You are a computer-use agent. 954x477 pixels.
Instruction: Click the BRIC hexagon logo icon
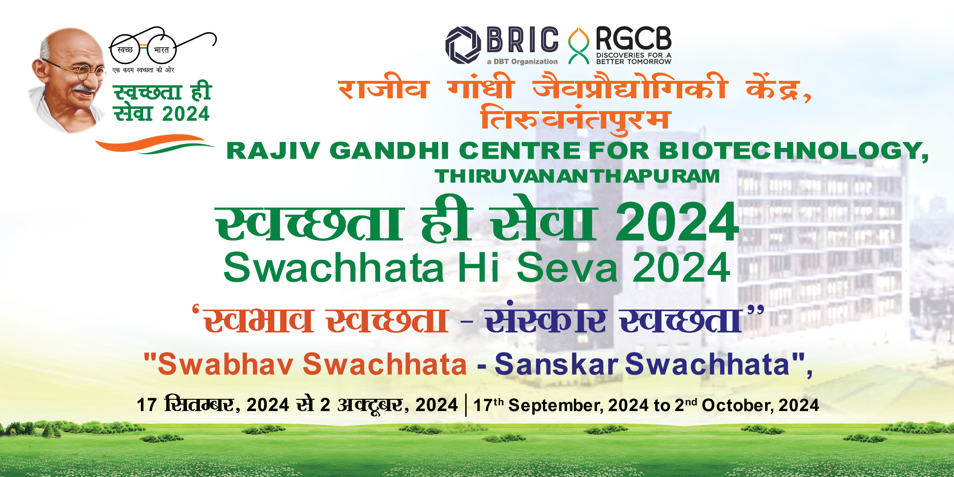coord(463,45)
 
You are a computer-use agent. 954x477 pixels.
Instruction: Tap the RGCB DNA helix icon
coord(578,45)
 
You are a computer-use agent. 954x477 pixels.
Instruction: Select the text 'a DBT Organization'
coord(522,61)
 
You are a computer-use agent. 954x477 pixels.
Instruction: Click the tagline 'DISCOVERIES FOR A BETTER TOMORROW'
coord(634,59)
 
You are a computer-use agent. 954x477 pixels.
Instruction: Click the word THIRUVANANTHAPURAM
coord(577,176)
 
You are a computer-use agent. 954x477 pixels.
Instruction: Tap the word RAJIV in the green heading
coord(273,151)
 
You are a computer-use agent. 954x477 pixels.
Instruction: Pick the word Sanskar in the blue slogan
coord(556,364)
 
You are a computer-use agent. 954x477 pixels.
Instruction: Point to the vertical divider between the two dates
coord(466,405)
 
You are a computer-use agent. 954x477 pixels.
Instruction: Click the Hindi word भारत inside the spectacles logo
coord(161,50)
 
